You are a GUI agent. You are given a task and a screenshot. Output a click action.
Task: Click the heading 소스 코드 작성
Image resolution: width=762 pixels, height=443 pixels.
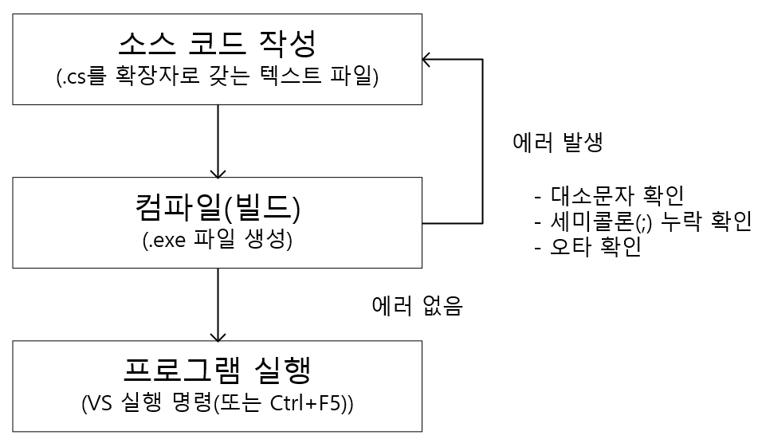click(x=217, y=42)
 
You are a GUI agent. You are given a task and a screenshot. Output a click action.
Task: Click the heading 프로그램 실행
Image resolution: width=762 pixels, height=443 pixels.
click(x=217, y=370)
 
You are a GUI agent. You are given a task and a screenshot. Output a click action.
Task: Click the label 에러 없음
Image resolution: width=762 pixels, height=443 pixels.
click(x=417, y=306)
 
